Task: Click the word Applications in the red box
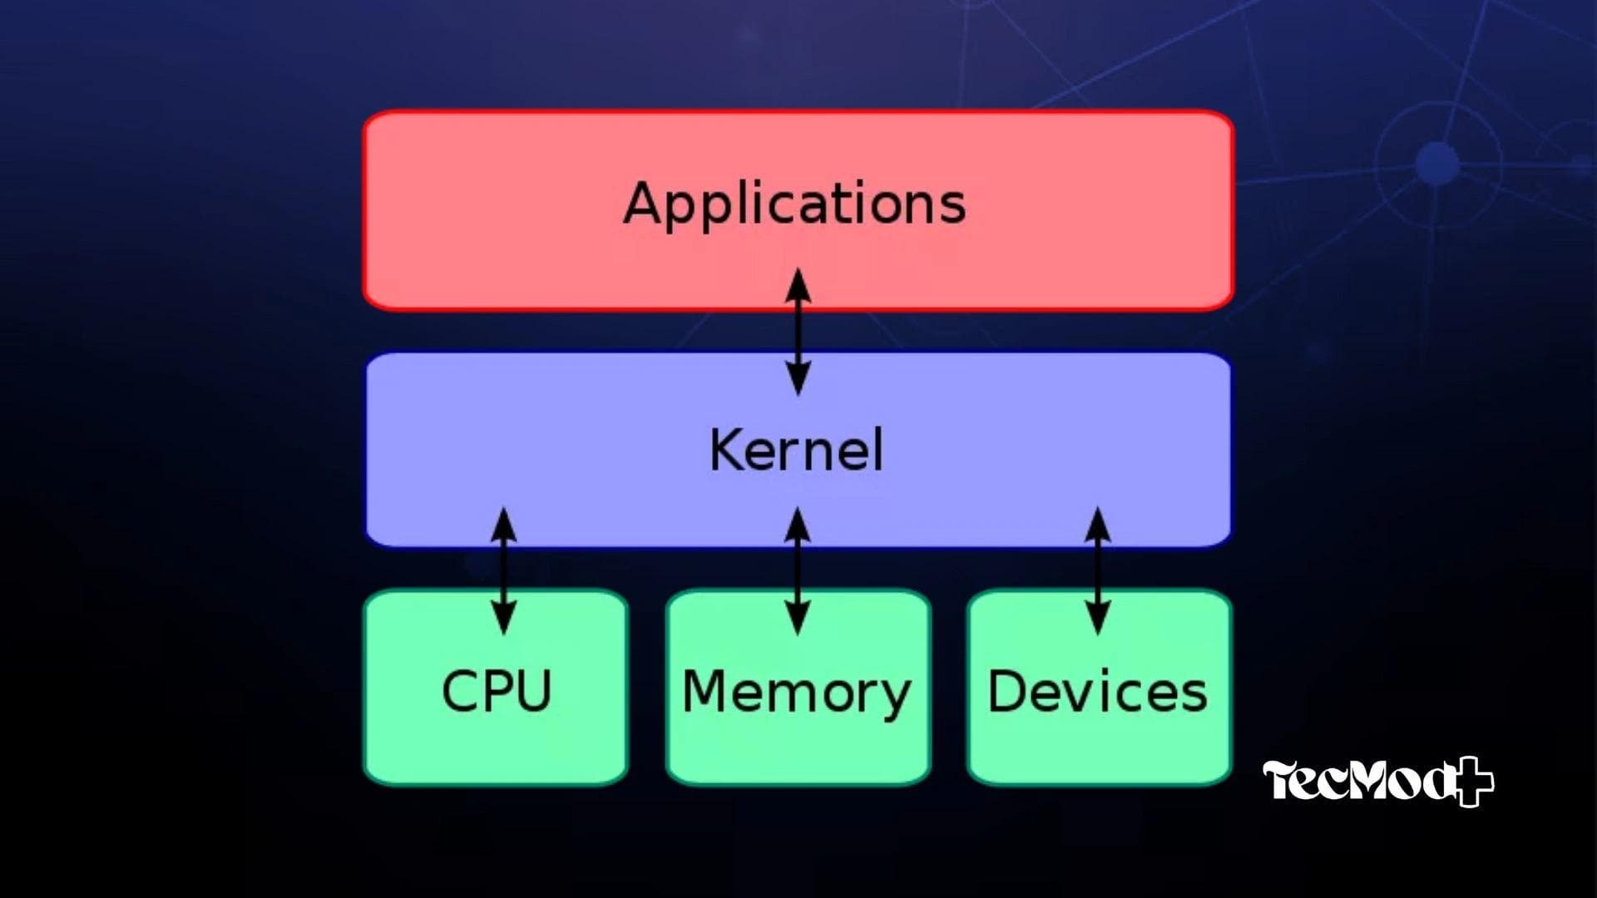[794, 204]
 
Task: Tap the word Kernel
[796, 450]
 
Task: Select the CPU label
[497, 691]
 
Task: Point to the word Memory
[796, 693]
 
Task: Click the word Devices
[1097, 691]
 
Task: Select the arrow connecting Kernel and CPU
[503, 570]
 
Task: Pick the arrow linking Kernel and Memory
[798, 570]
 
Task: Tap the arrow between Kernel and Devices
[1098, 570]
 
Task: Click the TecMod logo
[1377, 782]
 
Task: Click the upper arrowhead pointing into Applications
[798, 284]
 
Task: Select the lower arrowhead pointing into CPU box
[503, 619]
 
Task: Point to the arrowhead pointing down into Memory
[798, 619]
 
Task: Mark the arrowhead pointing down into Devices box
[1098, 619]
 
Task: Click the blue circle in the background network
[1436, 162]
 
